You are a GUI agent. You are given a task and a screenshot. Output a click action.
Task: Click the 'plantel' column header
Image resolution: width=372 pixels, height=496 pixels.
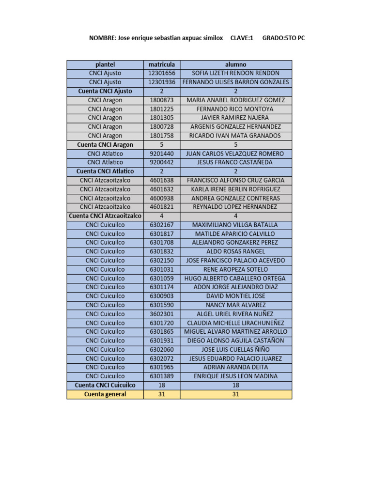(x=105, y=64)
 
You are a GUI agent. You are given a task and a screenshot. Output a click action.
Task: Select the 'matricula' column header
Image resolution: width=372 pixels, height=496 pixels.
(x=162, y=64)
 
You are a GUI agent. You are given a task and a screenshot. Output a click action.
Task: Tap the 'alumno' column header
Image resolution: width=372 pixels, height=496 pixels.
(x=235, y=64)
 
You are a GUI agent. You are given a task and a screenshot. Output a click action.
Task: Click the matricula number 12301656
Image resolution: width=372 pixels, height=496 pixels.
(x=162, y=73)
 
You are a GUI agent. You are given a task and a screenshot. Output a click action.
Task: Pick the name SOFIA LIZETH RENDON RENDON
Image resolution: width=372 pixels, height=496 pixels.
(x=235, y=73)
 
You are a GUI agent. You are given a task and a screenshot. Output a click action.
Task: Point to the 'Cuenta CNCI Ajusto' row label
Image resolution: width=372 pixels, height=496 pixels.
(x=105, y=91)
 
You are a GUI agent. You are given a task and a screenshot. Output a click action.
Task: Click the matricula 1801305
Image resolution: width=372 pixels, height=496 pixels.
(x=162, y=118)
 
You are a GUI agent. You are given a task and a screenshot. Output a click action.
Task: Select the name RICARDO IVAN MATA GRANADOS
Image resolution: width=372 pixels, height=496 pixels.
(x=235, y=136)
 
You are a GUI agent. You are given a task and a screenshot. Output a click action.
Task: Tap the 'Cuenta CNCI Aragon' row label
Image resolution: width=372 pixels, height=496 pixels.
(x=105, y=144)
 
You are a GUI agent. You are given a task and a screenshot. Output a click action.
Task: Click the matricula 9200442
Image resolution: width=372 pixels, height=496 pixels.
(x=162, y=162)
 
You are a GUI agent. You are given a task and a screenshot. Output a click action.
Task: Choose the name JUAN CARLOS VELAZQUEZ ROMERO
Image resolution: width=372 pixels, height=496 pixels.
(x=235, y=154)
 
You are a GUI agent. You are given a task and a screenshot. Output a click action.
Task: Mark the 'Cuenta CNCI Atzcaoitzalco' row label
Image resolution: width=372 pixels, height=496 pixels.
(x=105, y=216)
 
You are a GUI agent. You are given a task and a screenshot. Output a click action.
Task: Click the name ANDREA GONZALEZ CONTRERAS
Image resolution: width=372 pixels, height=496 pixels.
(x=235, y=198)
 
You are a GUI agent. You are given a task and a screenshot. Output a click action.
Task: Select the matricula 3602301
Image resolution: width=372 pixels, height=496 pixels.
(x=162, y=314)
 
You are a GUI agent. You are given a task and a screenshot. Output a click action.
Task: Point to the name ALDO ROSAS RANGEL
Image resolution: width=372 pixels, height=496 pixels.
(x=235, y=251)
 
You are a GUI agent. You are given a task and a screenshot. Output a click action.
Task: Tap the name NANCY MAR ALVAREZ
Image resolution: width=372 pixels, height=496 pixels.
(x=235, y=305)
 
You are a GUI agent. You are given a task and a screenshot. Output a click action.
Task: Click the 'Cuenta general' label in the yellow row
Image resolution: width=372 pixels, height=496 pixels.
(x=105, y=394)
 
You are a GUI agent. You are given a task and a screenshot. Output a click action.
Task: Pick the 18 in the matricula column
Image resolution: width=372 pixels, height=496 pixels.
(x=162, y=385)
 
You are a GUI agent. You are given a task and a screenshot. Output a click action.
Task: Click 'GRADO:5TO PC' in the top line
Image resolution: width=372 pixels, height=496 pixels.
(x=283, y=38)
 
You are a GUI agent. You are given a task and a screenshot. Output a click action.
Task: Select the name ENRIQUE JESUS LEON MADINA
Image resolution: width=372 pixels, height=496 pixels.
(x=235, y=376)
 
